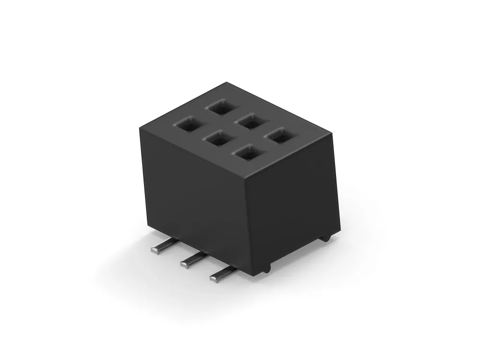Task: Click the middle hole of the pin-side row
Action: (216, 139)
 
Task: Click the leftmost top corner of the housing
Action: (139, 128)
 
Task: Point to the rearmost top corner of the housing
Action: (227, 83)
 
